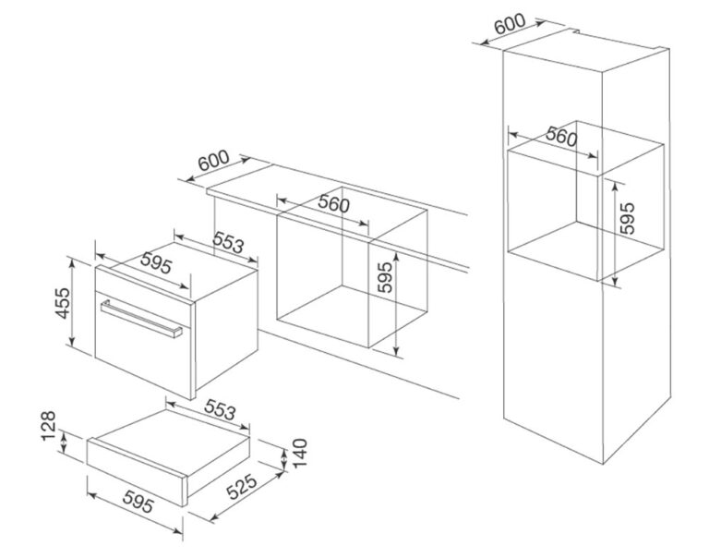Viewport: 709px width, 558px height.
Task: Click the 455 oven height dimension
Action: click(x=63, y=303)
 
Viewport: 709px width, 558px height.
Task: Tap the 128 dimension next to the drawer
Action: click(x=48, y=425)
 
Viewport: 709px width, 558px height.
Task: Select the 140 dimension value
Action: click(x=300, y=453)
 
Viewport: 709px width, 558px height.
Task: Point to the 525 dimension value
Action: click(x=242, y=487)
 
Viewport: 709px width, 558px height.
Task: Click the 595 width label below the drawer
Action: click(x=138, y=502)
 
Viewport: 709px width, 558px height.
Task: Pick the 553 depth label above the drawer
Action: click(x=221, y=409)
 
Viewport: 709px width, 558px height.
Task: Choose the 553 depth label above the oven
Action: click(x=228, y=242)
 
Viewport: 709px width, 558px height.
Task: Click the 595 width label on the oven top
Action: click(x=156, y=263)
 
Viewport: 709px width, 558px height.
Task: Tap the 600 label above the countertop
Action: click(x=213, y=160)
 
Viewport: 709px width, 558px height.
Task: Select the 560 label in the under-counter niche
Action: click(x=333, y=203)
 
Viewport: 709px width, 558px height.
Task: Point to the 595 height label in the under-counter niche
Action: click(x=385, y=277)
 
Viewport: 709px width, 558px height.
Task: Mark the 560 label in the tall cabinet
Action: click(x=561, y=136)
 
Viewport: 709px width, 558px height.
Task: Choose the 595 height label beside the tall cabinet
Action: click(x=627, y=218)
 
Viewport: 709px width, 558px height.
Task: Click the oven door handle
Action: click(x=141, y=319)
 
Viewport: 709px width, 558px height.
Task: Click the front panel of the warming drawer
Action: click(x=137, y=472)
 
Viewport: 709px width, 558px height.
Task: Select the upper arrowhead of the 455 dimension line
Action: click(x=71, y=261)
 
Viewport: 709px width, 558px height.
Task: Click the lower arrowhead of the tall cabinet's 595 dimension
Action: click(x=615, y=282)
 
